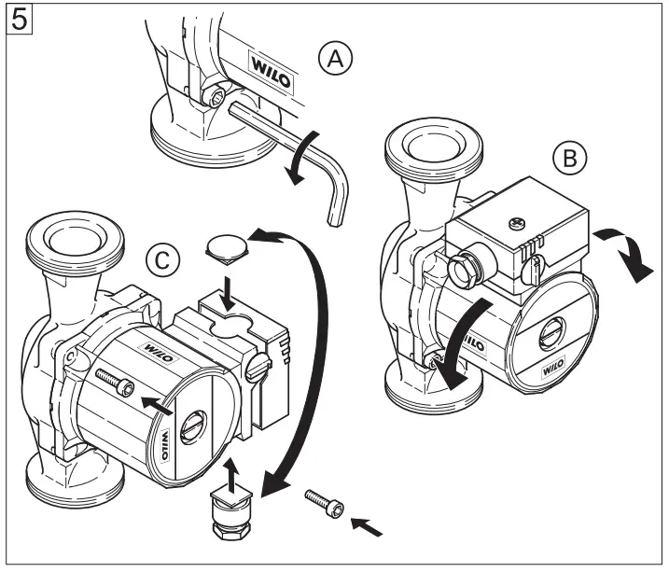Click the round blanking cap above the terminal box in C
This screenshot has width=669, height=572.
(x=228, y=246)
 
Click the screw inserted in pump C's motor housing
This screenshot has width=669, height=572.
(x=112, y=381)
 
